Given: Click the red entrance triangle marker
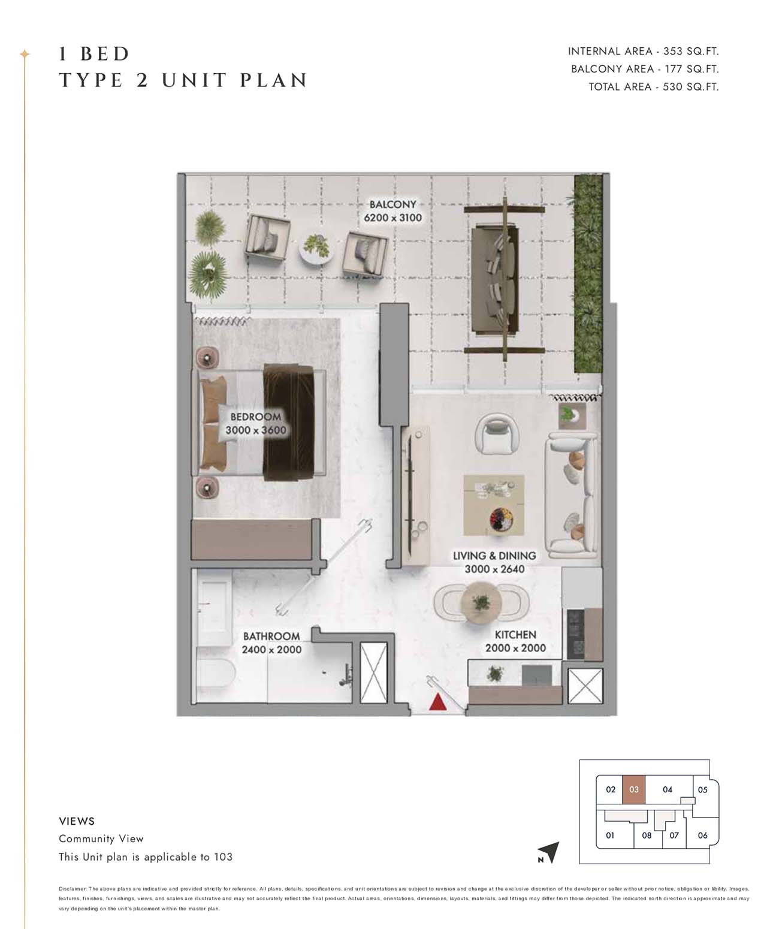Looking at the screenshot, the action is [x=438, y=701].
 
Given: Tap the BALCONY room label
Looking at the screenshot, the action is [x=393, y=204].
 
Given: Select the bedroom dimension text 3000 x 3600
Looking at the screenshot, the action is [x=256, y=430].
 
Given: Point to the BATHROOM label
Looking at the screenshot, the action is [x=271, y=637].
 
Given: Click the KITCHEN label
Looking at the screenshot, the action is [x=515, y=635].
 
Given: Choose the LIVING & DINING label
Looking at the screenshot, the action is [x=494, y=556].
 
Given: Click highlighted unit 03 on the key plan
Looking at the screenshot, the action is [x=633, y=789].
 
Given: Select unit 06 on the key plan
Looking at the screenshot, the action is [x=702, y=835].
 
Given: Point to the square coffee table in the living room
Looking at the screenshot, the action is [x=494, y=505].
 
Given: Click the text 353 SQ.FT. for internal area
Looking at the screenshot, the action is [x=691, y=51].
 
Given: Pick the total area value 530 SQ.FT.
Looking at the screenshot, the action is [x=691, y=87].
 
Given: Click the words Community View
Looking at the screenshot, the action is [x=101, y=838].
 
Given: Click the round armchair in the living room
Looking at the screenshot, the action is [x=497, y=435].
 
